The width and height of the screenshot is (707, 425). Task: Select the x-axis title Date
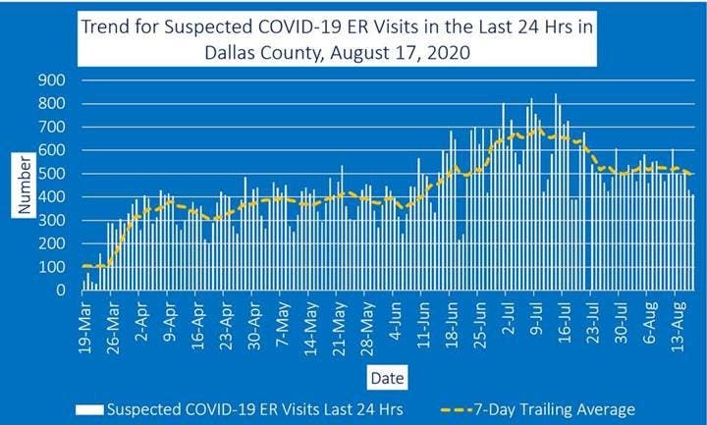tap(384, 377)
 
